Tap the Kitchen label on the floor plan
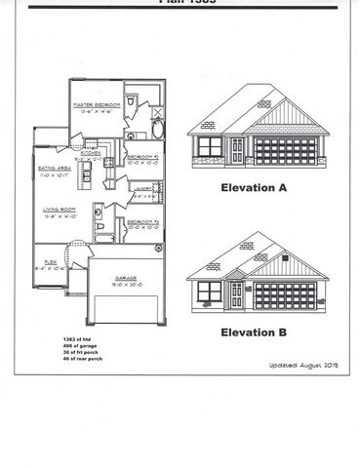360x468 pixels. [x=90, y=153]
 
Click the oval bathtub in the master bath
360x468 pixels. [x=160, y=129]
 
